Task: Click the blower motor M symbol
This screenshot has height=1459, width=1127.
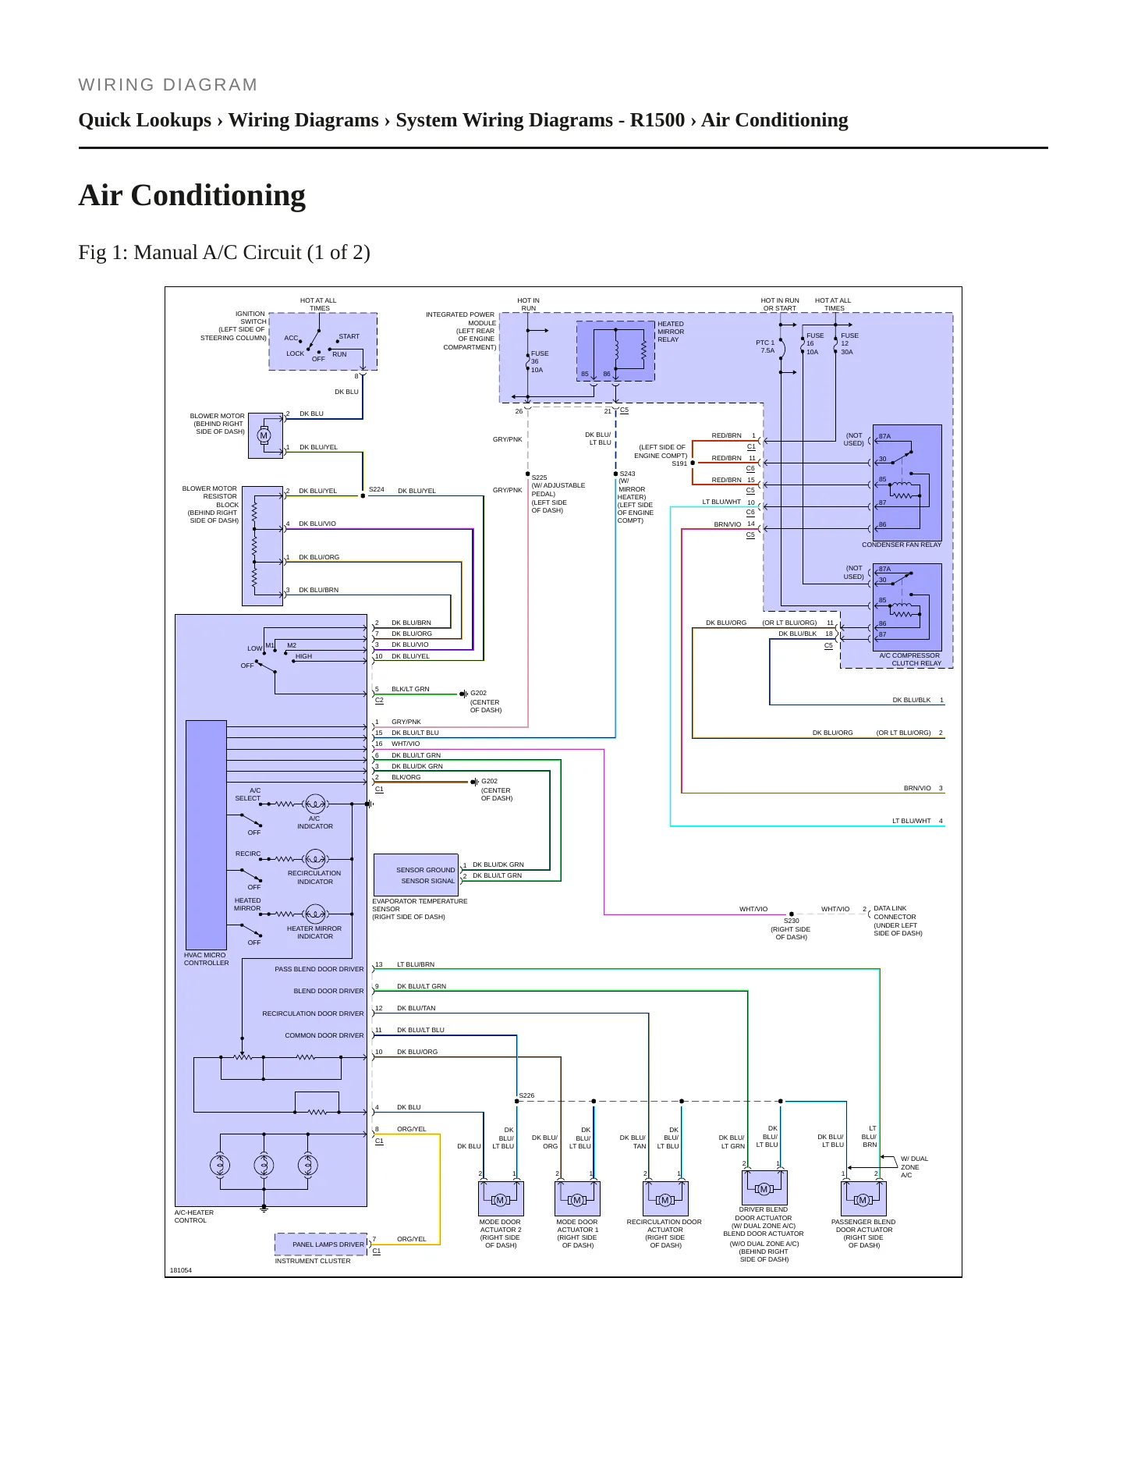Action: click(x=264, y=435)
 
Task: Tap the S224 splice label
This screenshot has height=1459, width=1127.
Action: click(x=377, y=490)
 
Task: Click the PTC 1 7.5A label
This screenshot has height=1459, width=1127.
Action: click(x=766, y=346)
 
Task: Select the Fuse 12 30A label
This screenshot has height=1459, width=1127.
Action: click(x=849, y=344)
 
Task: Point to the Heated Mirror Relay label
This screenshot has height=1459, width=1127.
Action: click(x=671, y=332)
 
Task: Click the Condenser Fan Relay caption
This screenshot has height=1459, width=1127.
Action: click(x=902, y=545)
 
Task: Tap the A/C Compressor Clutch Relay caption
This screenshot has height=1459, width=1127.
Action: click(x=910, y=659)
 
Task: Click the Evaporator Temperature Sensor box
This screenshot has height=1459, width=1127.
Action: click(x=416, y=875)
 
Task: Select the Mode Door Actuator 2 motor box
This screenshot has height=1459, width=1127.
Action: click(x=501, y=1198)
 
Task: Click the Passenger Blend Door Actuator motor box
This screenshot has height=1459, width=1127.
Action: click(x=863, y=1198)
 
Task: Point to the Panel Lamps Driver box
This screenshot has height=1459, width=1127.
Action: click(x=321, y=1244)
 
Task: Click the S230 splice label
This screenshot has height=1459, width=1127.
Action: click(x=791, y=921)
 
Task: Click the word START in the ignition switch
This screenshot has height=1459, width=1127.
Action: click(x=349, y=337)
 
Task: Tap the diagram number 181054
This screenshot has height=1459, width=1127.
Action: click(x=181, y=1270)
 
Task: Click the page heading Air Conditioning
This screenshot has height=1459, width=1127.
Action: click(x=192, y=195)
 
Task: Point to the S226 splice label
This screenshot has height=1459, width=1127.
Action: click(x=527, y=1095)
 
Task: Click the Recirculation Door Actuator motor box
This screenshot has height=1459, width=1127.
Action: click(x=665, y=1198)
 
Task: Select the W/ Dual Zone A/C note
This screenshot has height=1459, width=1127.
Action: click(x=914, y=1167)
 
